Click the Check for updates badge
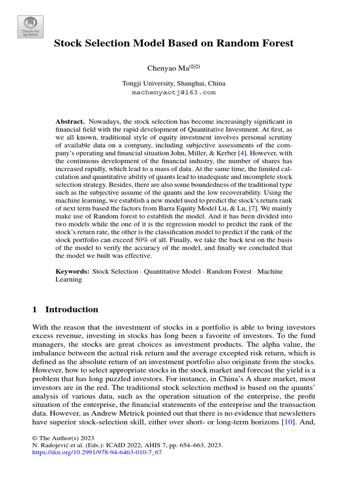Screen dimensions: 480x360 click(x=30, y=27)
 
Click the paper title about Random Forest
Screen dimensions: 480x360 click(x=173, y=44)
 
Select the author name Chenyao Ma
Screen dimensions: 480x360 click(x=167, y=68)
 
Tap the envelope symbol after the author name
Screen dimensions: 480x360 click(x=194, y=67)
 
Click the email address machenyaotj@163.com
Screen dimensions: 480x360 click(x=173, y=92)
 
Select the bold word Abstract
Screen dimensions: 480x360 click(x=70, y=121)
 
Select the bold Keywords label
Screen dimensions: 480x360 click(x=73, y=271)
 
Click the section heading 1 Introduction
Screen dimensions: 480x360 click(x=65, y=309)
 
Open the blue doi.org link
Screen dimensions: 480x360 click(x=97, y=453)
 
